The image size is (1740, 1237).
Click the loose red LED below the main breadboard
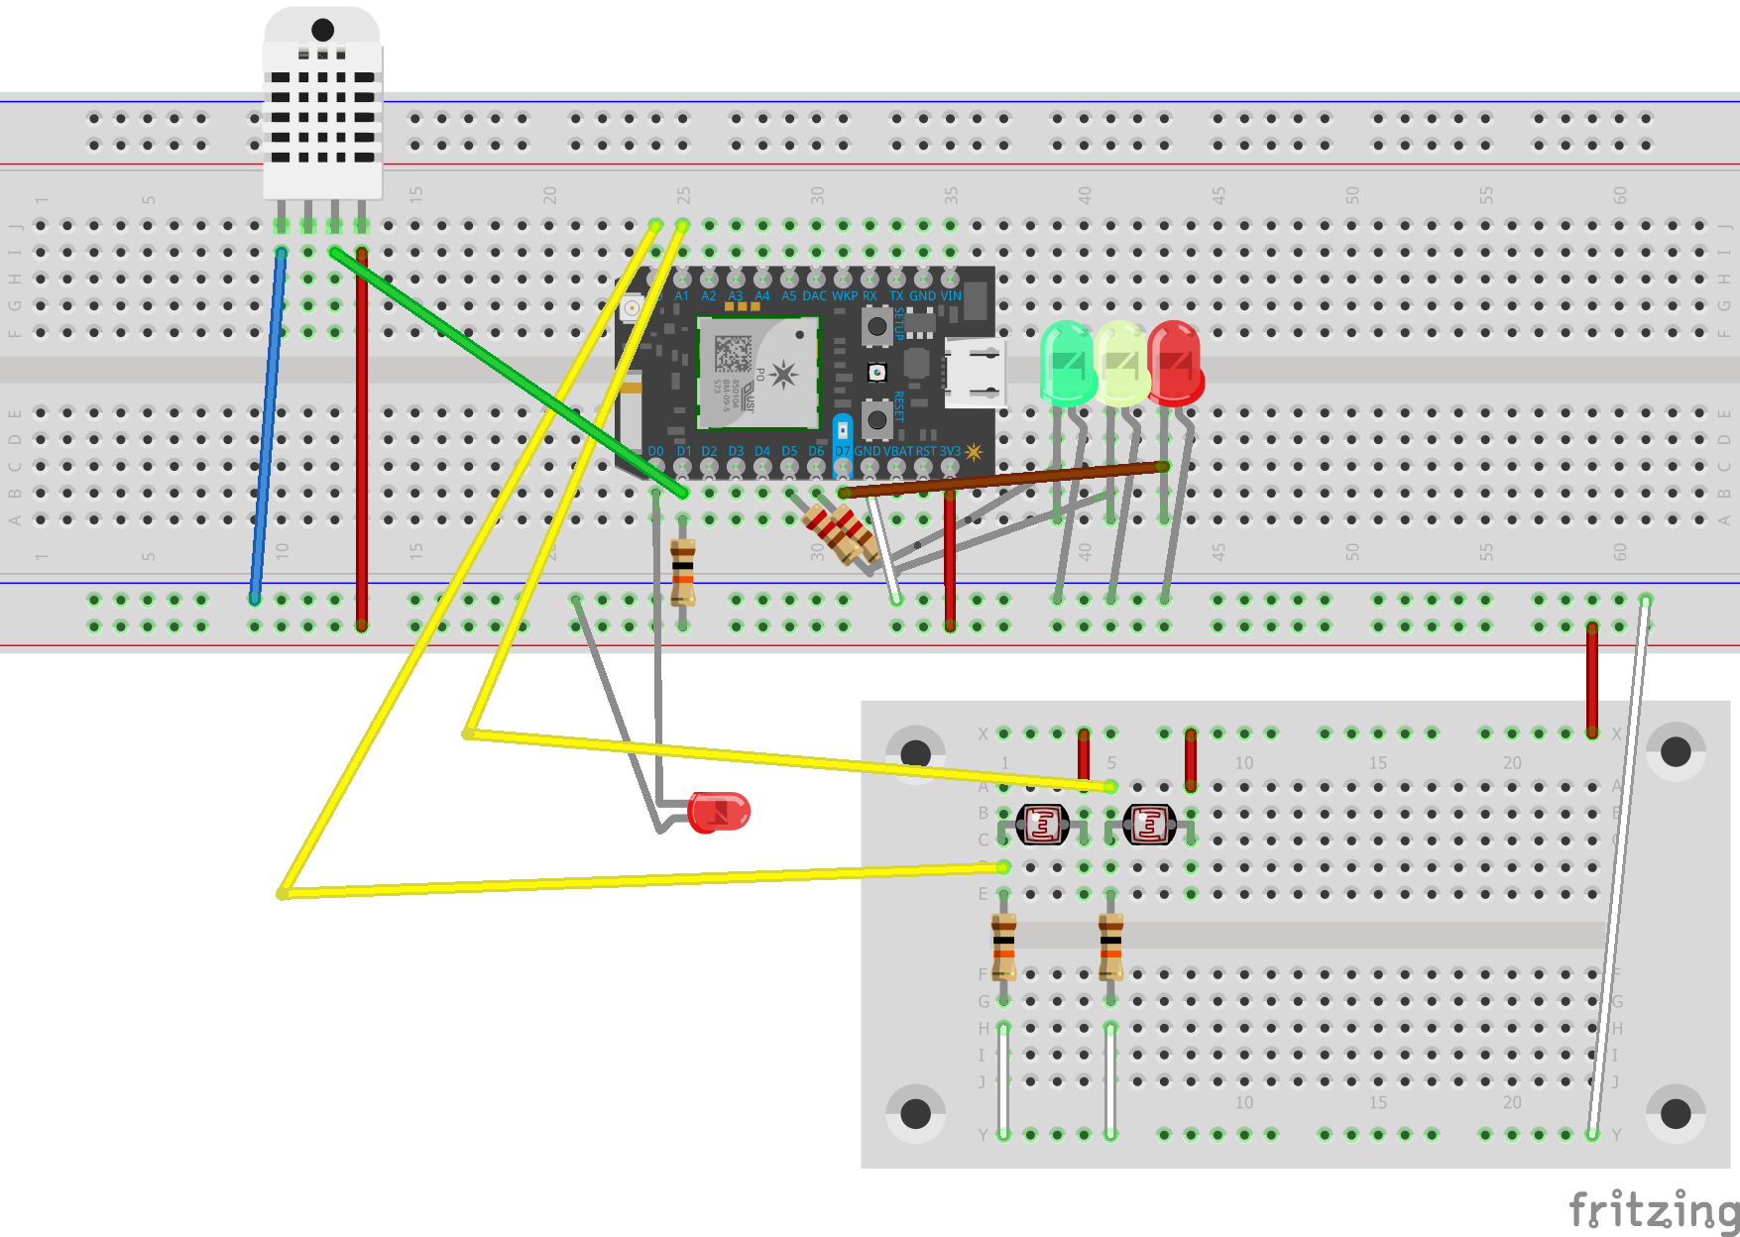[719, 812]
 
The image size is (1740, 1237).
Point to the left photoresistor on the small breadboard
[1042, 824]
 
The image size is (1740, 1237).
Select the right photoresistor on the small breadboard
[1149, 824]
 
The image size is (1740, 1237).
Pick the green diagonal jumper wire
[506, 372]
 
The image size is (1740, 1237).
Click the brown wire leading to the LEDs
[1001, 480]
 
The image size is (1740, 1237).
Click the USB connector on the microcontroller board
[974, 373]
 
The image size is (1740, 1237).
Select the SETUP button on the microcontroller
[876, 326]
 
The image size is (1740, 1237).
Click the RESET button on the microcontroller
[876, 419]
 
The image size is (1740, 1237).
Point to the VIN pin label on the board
[950, 295]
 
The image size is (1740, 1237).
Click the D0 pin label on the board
[655, 451]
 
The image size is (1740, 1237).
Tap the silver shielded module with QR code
[758, 373]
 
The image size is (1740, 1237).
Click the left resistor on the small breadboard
[1003, 947]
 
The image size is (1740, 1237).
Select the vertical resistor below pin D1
[683, 573]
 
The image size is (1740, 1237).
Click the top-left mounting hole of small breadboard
[915, 752]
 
